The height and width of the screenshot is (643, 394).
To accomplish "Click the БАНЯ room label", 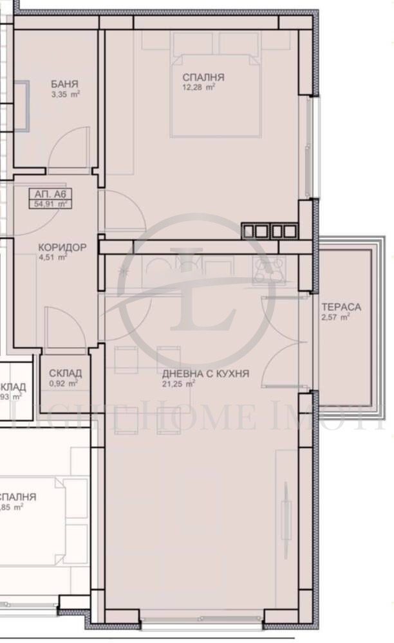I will [64, 84].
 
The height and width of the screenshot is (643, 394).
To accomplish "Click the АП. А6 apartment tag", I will [49, 193].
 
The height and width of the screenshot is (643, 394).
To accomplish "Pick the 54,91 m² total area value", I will [50, 204].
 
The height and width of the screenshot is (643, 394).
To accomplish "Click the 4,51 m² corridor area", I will [53, 257].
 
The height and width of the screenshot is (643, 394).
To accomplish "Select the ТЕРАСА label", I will [341, 307].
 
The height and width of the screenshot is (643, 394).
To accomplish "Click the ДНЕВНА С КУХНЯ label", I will [205, 374].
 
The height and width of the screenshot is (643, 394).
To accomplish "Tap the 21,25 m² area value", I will [178, 385].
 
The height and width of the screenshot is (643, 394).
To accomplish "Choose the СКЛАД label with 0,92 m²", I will [65, 373].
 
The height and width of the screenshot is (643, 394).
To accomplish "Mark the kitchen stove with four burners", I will [269, 269].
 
